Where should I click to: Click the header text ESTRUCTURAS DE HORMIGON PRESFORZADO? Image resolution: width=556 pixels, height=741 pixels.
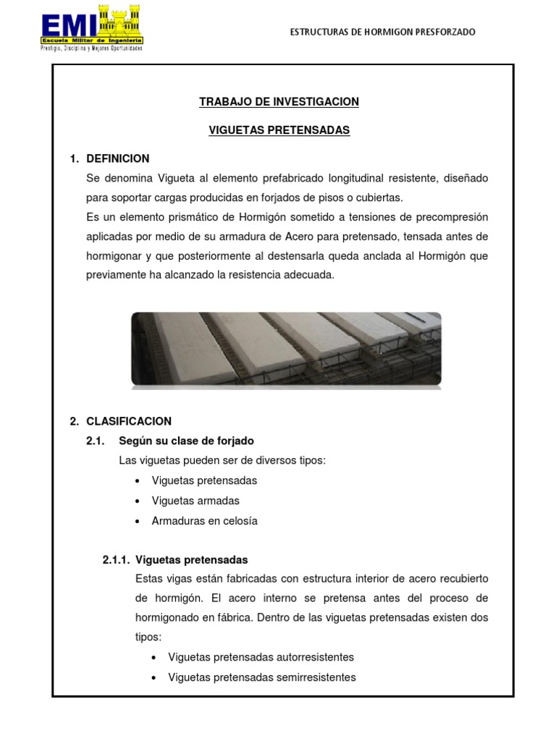click(382, 32)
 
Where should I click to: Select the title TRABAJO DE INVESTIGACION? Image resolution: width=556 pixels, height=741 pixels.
click(279, 102)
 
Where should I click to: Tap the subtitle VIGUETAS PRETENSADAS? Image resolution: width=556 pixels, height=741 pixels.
click(279, 130)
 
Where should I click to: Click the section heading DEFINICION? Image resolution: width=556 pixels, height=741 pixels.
click(117, 158)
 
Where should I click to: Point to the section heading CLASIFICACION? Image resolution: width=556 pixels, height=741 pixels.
click(128, 421)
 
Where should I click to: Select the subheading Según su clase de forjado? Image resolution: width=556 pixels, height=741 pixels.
click(186, 441)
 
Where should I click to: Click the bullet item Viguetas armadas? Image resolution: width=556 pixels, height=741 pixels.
click(195, 501)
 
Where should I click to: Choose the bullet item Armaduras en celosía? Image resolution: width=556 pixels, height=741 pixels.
click(204, 521)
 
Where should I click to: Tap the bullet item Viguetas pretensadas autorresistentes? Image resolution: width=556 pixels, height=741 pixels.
click(261, 657)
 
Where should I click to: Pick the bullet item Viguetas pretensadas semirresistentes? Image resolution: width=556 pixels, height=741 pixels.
click(261, 677)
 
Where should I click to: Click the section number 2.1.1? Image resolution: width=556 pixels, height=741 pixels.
click(115, 560)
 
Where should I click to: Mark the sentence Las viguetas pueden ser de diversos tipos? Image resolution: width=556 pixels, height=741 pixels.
click(222, 461)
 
